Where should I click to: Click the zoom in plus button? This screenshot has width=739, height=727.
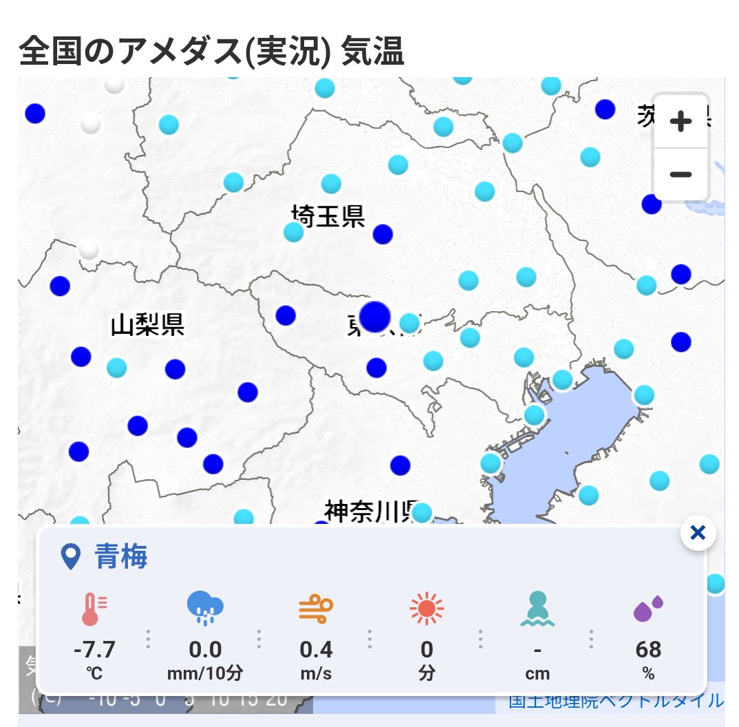(680, 122)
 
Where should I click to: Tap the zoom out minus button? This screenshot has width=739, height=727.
(680, 174)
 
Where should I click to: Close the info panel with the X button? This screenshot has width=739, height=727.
(698, 532)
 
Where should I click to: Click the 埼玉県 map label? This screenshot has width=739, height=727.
(328, 216)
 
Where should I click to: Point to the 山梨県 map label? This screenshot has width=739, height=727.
(147, 324)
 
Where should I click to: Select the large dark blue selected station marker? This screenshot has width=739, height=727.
(374, 316)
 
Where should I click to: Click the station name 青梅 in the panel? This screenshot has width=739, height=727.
(121, 556)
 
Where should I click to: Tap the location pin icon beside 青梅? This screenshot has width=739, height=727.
(71, 556)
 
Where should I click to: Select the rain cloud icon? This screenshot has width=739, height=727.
(205, 608)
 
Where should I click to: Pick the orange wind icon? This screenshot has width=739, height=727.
(316, 609)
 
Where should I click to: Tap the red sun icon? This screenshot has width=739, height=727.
(427, 609)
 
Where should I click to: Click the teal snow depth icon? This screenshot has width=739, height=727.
(537, 609)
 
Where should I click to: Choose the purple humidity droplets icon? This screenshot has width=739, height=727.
(648, 609)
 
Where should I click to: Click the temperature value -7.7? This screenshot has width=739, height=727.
(94, 649)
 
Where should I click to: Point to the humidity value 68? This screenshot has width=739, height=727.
(648, 649)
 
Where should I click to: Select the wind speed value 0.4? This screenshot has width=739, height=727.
(316, 649)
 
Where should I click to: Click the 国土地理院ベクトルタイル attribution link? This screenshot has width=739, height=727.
(616, 701)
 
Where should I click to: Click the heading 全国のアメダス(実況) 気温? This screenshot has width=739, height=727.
(212, 52)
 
